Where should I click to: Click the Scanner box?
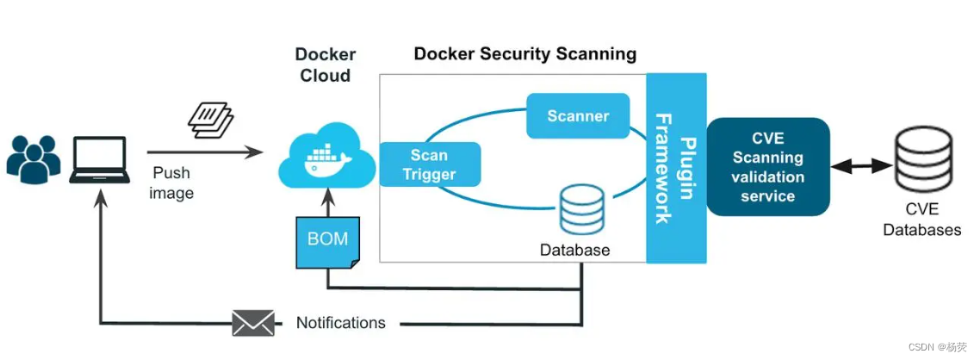point(578,116)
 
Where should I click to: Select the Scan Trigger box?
point(428,164)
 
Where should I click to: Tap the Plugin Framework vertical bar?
point(676,168)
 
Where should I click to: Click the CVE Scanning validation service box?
point(767,167)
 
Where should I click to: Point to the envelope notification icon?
point(253,323)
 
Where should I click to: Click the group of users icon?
point(34,158)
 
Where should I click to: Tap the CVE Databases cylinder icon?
point(921,160)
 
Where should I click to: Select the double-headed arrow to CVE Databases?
point(861,163)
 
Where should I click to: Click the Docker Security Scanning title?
point(524,54)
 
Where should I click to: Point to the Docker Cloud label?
point(326,65)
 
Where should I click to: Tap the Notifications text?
point(340,323)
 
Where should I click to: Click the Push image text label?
point(171,183)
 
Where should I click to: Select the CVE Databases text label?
point(921,220)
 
